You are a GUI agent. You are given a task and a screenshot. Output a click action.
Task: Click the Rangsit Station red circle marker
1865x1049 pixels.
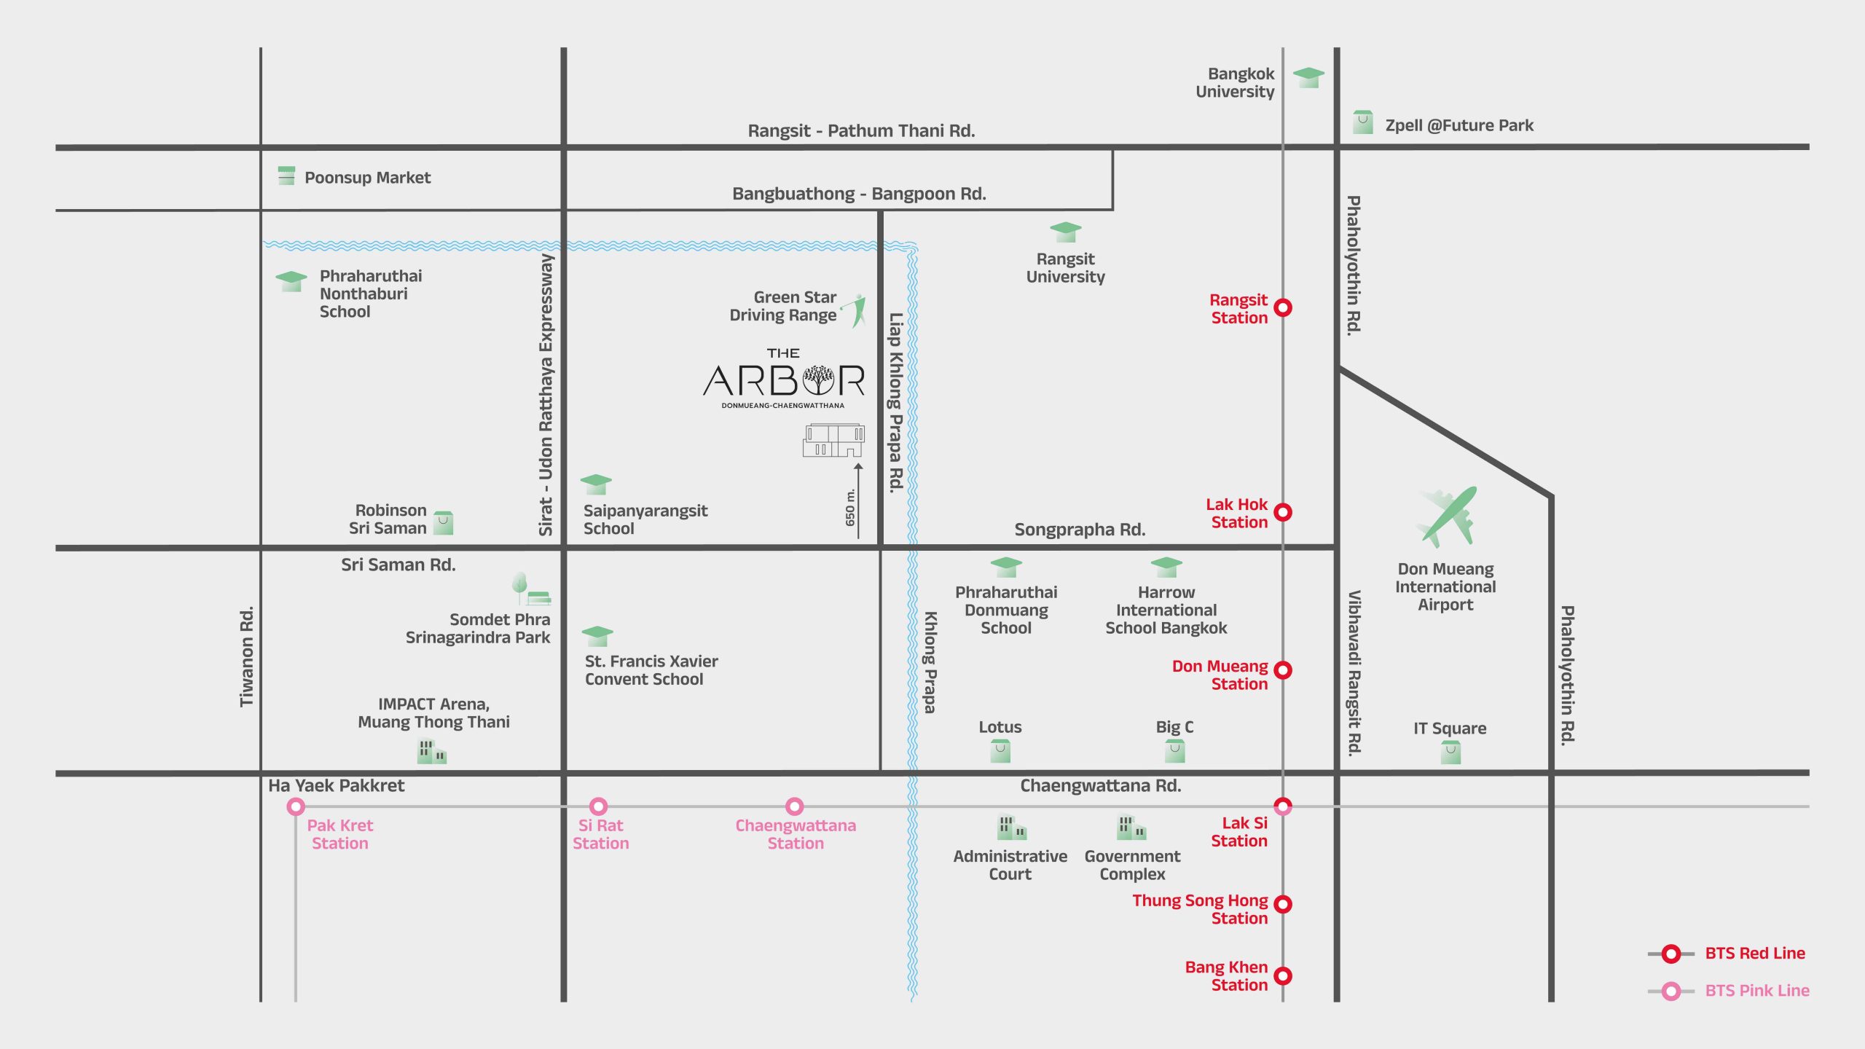pyautogui.click(x=1283, y=307)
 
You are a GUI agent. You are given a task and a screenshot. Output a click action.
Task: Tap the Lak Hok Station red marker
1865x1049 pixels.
pyautogui.click(x=1283, y=512)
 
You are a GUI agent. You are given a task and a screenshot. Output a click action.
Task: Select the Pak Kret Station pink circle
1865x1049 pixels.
pyautogui.click(x=296, y=806)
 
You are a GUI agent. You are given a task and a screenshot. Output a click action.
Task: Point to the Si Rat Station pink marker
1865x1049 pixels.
pyautogui.click(x=598, y=806)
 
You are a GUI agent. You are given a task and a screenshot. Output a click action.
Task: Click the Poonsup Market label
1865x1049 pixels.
pyautogui.click(x=367, y=178)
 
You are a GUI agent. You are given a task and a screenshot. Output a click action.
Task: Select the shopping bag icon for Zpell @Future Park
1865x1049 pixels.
pyautogui.click(x=1362, y=122)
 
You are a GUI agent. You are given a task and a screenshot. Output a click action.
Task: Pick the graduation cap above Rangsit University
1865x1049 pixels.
pyautogui.click(x=1065, y=232)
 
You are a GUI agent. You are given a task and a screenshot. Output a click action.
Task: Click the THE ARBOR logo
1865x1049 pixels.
pyautogui.click(x=783, y=380)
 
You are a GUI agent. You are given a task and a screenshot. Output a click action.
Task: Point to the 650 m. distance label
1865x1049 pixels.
pyautogui.click(x=850, y=507)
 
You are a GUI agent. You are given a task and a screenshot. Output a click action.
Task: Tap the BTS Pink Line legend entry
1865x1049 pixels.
pyautogui.click(x=1756, y=991)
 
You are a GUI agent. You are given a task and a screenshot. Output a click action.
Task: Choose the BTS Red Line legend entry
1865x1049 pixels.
pyautogui.click(x=1754, y=954)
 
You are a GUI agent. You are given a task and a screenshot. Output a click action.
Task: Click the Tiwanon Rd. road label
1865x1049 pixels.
pyautogui.click(x=247, y=656)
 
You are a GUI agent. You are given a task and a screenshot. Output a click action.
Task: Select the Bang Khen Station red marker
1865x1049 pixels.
pyautogui.click(x=1283, y=975)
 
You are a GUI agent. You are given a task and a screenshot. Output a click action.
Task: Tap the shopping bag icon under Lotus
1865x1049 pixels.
pyautogui.click(x=1000, y=751)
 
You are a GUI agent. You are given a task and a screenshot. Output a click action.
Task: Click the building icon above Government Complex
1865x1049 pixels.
pyautogui.click(x=1131, y=828)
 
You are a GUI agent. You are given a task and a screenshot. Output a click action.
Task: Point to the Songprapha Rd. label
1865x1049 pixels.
pyautogui.click(x=1080, y=530)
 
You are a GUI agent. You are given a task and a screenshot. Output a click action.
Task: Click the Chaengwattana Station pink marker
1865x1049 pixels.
pyautogui.click(x=795, y=806)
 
